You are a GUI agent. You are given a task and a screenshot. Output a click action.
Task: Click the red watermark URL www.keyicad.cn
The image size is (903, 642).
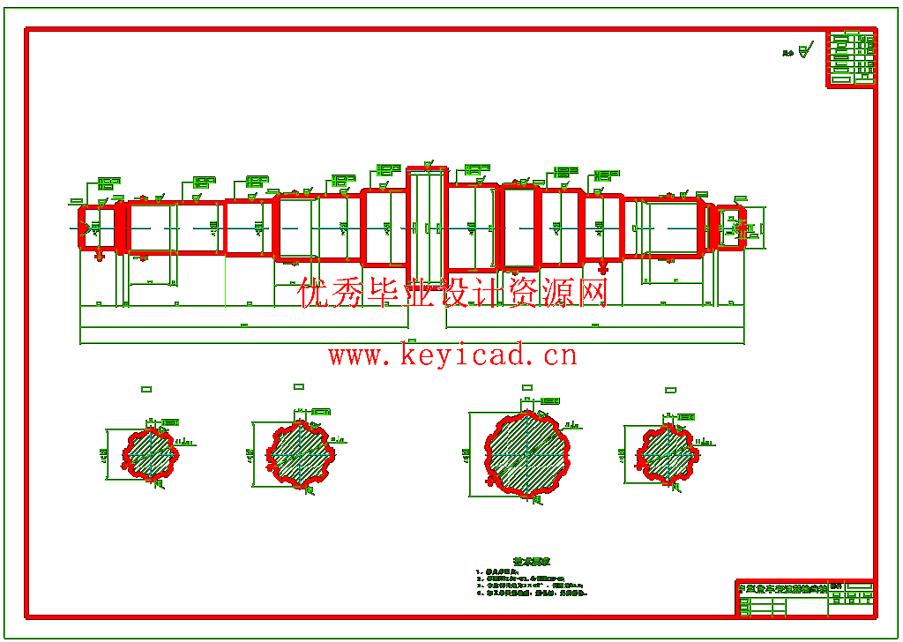(x=452, y=355)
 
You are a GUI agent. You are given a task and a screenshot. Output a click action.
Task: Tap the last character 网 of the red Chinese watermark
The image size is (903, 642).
(x=592, y=293)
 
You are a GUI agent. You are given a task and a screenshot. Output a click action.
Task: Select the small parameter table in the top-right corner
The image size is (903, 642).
(x=851, y=59)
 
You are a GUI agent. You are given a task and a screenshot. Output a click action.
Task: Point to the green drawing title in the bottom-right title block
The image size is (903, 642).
(x=781, y=587)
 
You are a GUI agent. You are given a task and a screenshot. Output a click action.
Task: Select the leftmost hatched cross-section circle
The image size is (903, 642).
(x=150, y=454)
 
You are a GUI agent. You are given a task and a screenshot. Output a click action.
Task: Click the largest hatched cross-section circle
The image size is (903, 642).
(x=526, y=454)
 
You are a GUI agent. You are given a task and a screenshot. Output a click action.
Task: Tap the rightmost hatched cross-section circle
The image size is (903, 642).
(x=668, y=454)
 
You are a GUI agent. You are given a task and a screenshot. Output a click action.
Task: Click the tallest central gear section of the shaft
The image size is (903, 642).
(x=427, y=227)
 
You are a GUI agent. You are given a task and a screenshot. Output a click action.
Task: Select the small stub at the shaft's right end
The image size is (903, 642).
(x=730, y=228)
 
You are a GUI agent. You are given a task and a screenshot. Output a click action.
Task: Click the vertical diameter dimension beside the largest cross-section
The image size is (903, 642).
(x=466, y=454)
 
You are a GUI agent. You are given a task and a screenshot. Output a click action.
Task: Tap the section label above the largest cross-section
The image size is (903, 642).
(x=527, y=386)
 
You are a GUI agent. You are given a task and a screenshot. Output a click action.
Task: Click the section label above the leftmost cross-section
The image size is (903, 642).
(x=146, y=386)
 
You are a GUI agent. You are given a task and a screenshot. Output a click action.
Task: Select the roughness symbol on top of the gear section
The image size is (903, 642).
(x=428, y=165)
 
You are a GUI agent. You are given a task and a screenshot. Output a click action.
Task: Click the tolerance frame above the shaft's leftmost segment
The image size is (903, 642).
(x=108, y=183)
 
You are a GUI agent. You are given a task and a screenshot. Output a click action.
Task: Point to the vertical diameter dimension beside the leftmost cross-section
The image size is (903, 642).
(x=104, y=454)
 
